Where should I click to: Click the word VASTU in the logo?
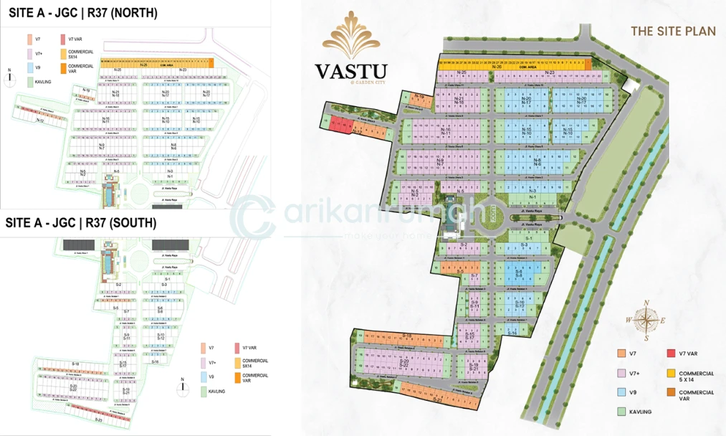click(350, 71)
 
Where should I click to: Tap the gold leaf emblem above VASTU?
click(351, 36)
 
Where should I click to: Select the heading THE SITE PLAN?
click(664, 31)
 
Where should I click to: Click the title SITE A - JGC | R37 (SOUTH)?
click(80, 223)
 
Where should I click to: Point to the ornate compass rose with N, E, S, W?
click(646, 320)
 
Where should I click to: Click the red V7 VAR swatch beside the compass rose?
click(671, 353)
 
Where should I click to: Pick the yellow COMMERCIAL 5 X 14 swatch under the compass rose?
click(671, 374)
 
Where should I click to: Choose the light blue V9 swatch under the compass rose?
click(621, 392)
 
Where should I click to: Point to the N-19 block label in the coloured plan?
click(421, 96)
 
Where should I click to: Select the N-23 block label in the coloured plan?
click(550, 72)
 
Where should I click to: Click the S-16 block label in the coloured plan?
click(512, 333)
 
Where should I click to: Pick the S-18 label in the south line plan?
click(75, 364)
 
